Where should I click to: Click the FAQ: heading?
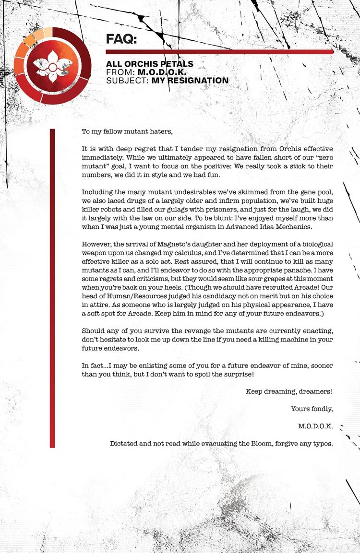point(121,39)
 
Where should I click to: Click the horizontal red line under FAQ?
point(219,52)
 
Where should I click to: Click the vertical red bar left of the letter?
point(52,288)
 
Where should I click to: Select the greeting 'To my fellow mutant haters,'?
point(127,131)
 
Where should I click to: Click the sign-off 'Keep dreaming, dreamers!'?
point(289,391)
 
